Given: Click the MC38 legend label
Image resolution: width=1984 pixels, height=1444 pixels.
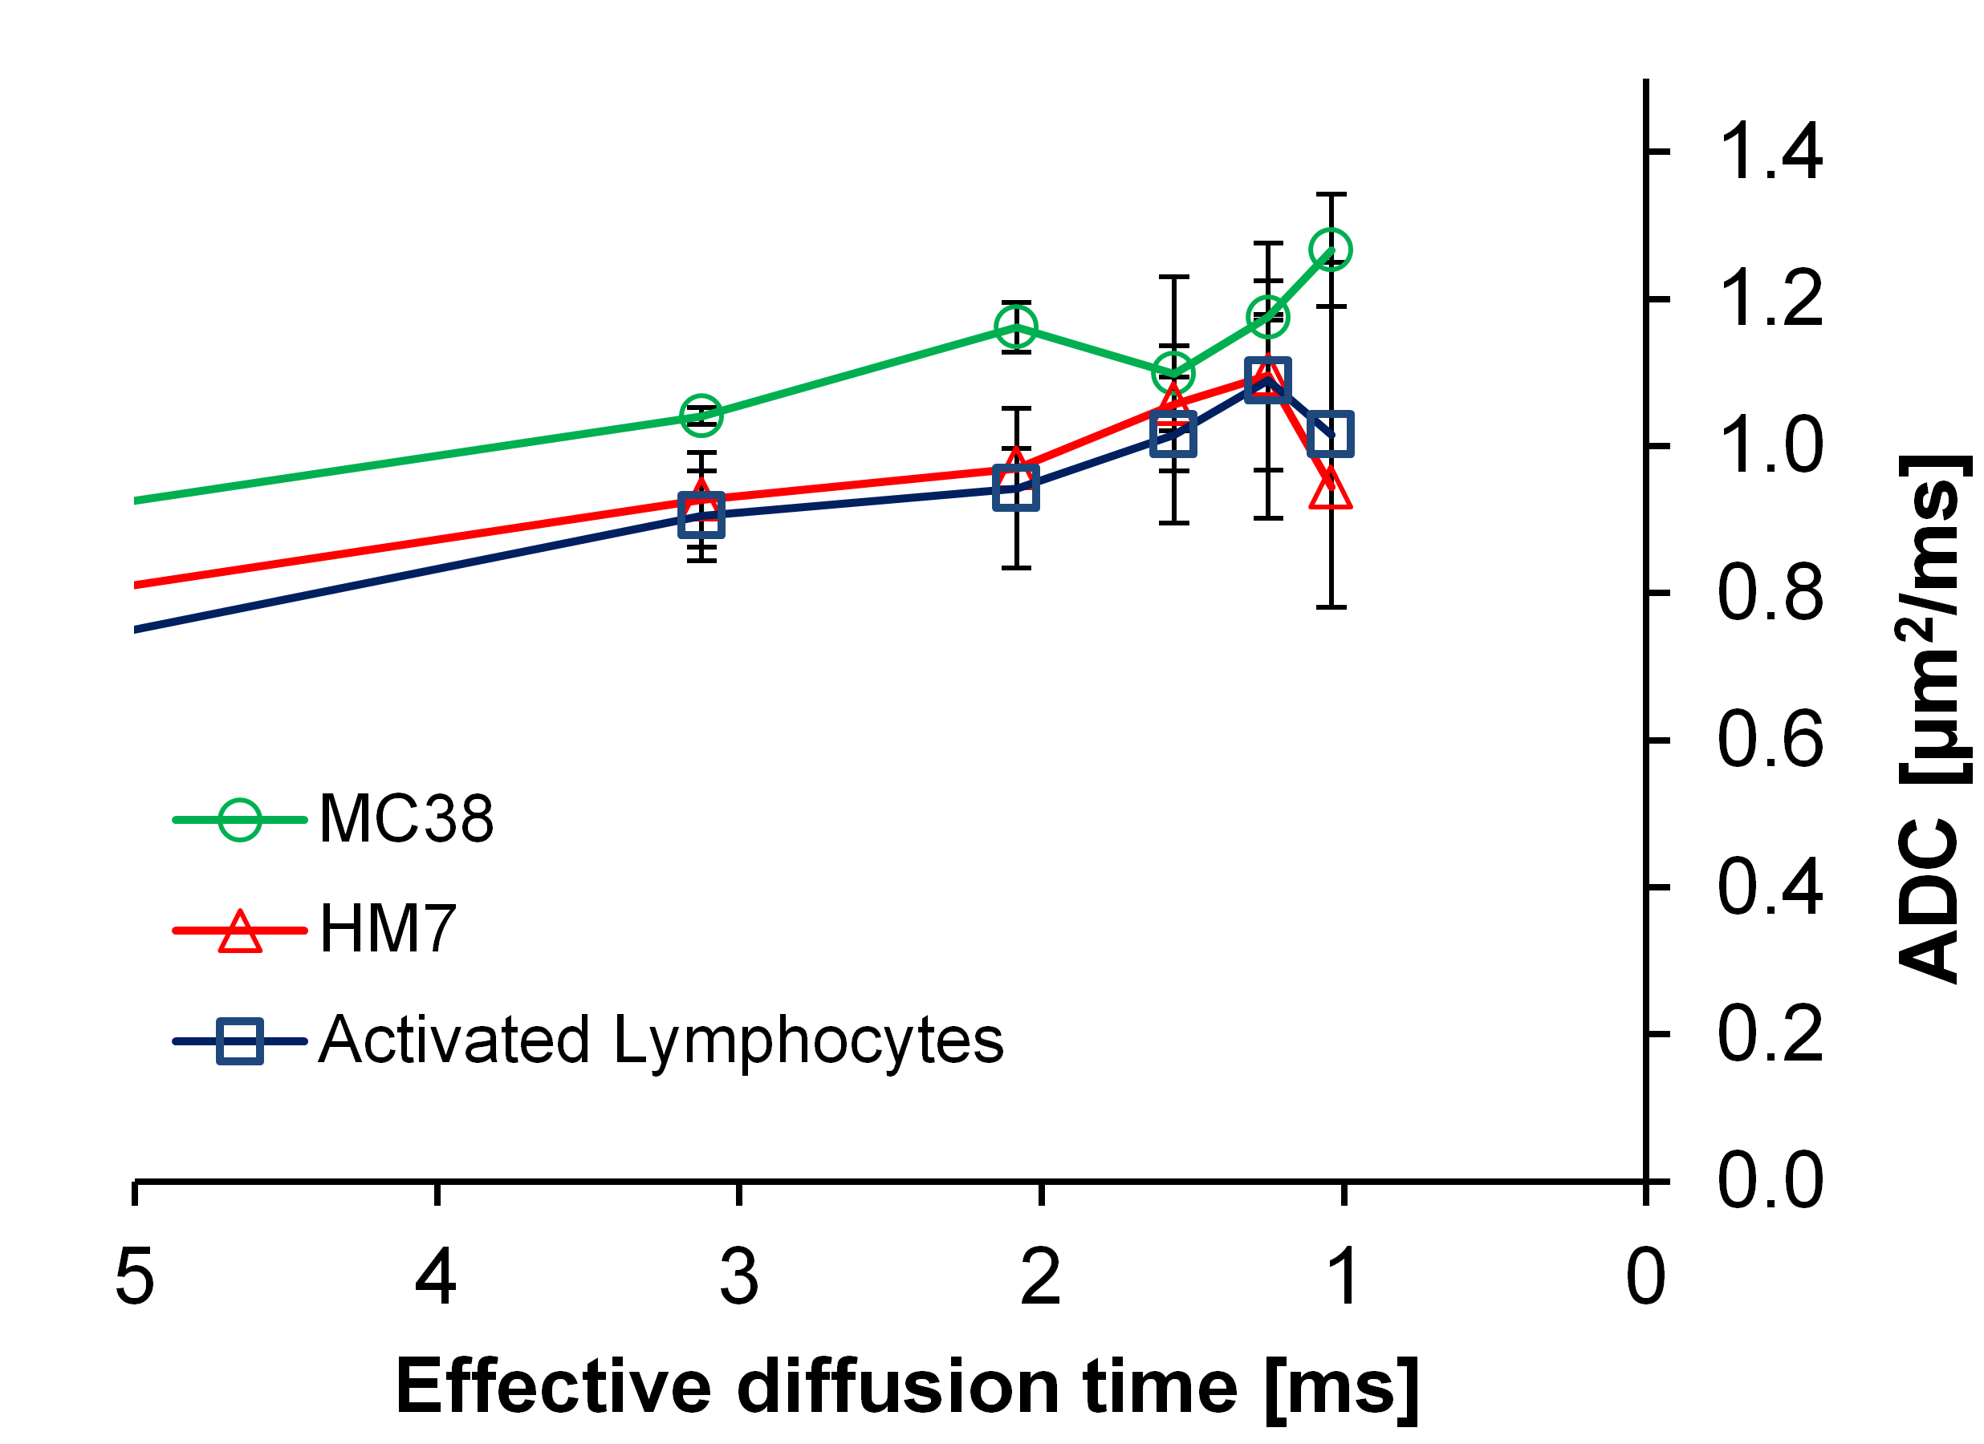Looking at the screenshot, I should click(x=406, y=820).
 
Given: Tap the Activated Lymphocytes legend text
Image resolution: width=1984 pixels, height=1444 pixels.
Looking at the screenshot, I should click(x=661, y=1040).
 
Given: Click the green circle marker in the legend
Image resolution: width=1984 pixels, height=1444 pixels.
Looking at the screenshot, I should click(x=240, y=820).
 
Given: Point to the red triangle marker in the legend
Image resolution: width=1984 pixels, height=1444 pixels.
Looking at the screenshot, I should click(x=240, y=931).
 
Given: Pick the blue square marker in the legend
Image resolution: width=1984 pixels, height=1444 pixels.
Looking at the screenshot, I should click(x=240, y=1040).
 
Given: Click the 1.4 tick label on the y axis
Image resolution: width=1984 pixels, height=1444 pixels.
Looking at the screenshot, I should click(x=1771, y=152).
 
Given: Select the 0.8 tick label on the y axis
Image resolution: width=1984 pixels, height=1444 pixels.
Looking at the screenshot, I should click(x=1771, y=594).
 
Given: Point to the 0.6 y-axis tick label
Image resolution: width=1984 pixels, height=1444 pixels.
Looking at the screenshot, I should click(x=1771, y=740).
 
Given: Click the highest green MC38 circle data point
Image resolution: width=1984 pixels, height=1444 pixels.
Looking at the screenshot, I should click(x=1331, y=250).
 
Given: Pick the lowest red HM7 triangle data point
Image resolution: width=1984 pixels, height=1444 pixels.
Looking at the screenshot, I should click(x=1331, y=488).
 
